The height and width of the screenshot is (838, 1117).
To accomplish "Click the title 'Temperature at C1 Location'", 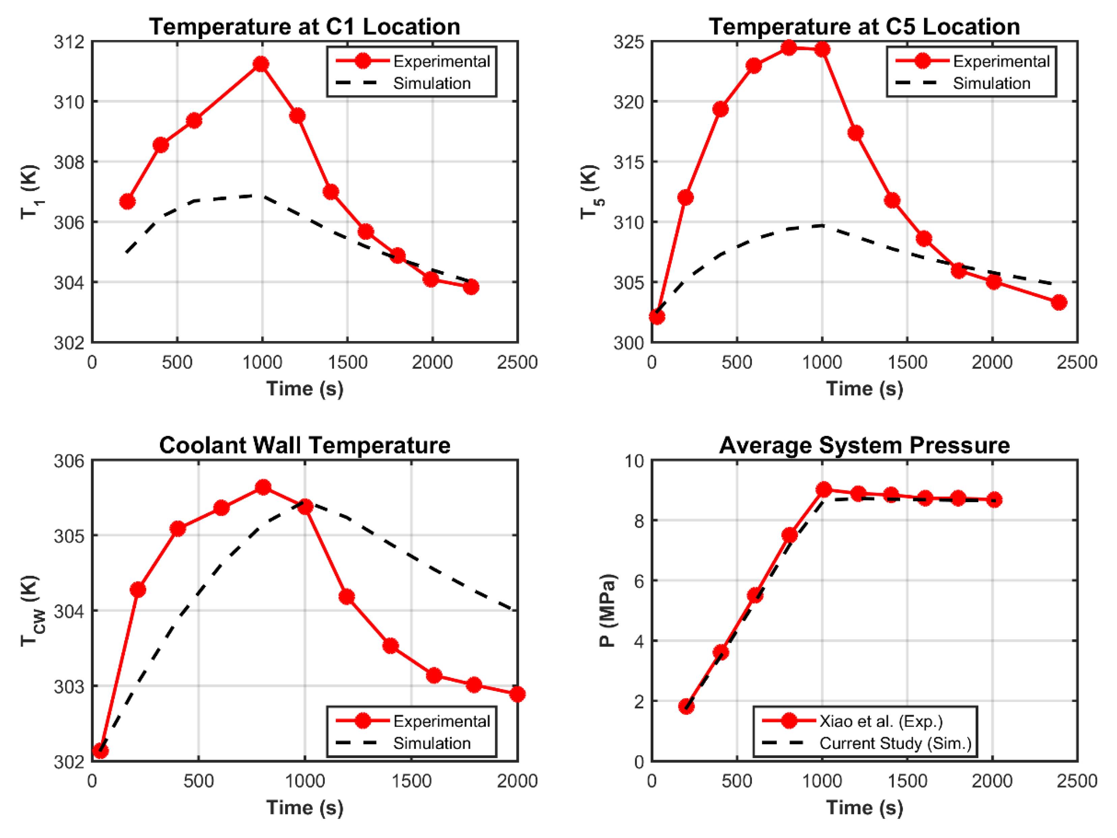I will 305,26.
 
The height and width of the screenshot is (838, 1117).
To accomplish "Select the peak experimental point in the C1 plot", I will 260,64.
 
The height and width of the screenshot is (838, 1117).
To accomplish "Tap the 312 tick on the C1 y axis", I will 69,41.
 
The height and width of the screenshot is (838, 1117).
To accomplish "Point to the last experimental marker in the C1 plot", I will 471,287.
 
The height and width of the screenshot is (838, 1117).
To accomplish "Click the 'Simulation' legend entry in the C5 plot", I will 991,83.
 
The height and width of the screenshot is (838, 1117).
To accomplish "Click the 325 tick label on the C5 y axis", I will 629,41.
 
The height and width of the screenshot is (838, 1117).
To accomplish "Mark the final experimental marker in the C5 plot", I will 1059,302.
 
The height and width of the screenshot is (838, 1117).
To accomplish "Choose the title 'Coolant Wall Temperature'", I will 305,445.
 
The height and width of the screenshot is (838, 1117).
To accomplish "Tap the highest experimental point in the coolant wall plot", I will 262,487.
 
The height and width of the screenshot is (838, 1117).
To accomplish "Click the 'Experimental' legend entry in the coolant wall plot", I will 441,721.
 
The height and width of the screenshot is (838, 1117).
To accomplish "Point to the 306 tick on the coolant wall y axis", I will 69,461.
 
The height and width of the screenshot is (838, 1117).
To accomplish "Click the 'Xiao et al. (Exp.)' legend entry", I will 881,721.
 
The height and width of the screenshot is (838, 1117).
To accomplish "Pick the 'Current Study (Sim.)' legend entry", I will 895,743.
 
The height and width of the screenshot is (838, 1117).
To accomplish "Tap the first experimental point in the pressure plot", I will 686,706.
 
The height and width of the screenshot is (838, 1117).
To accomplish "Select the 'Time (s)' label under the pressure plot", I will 865,807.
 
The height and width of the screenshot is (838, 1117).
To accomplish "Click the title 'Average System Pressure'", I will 865,445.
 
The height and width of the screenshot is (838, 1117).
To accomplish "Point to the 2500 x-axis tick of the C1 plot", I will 517,362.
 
